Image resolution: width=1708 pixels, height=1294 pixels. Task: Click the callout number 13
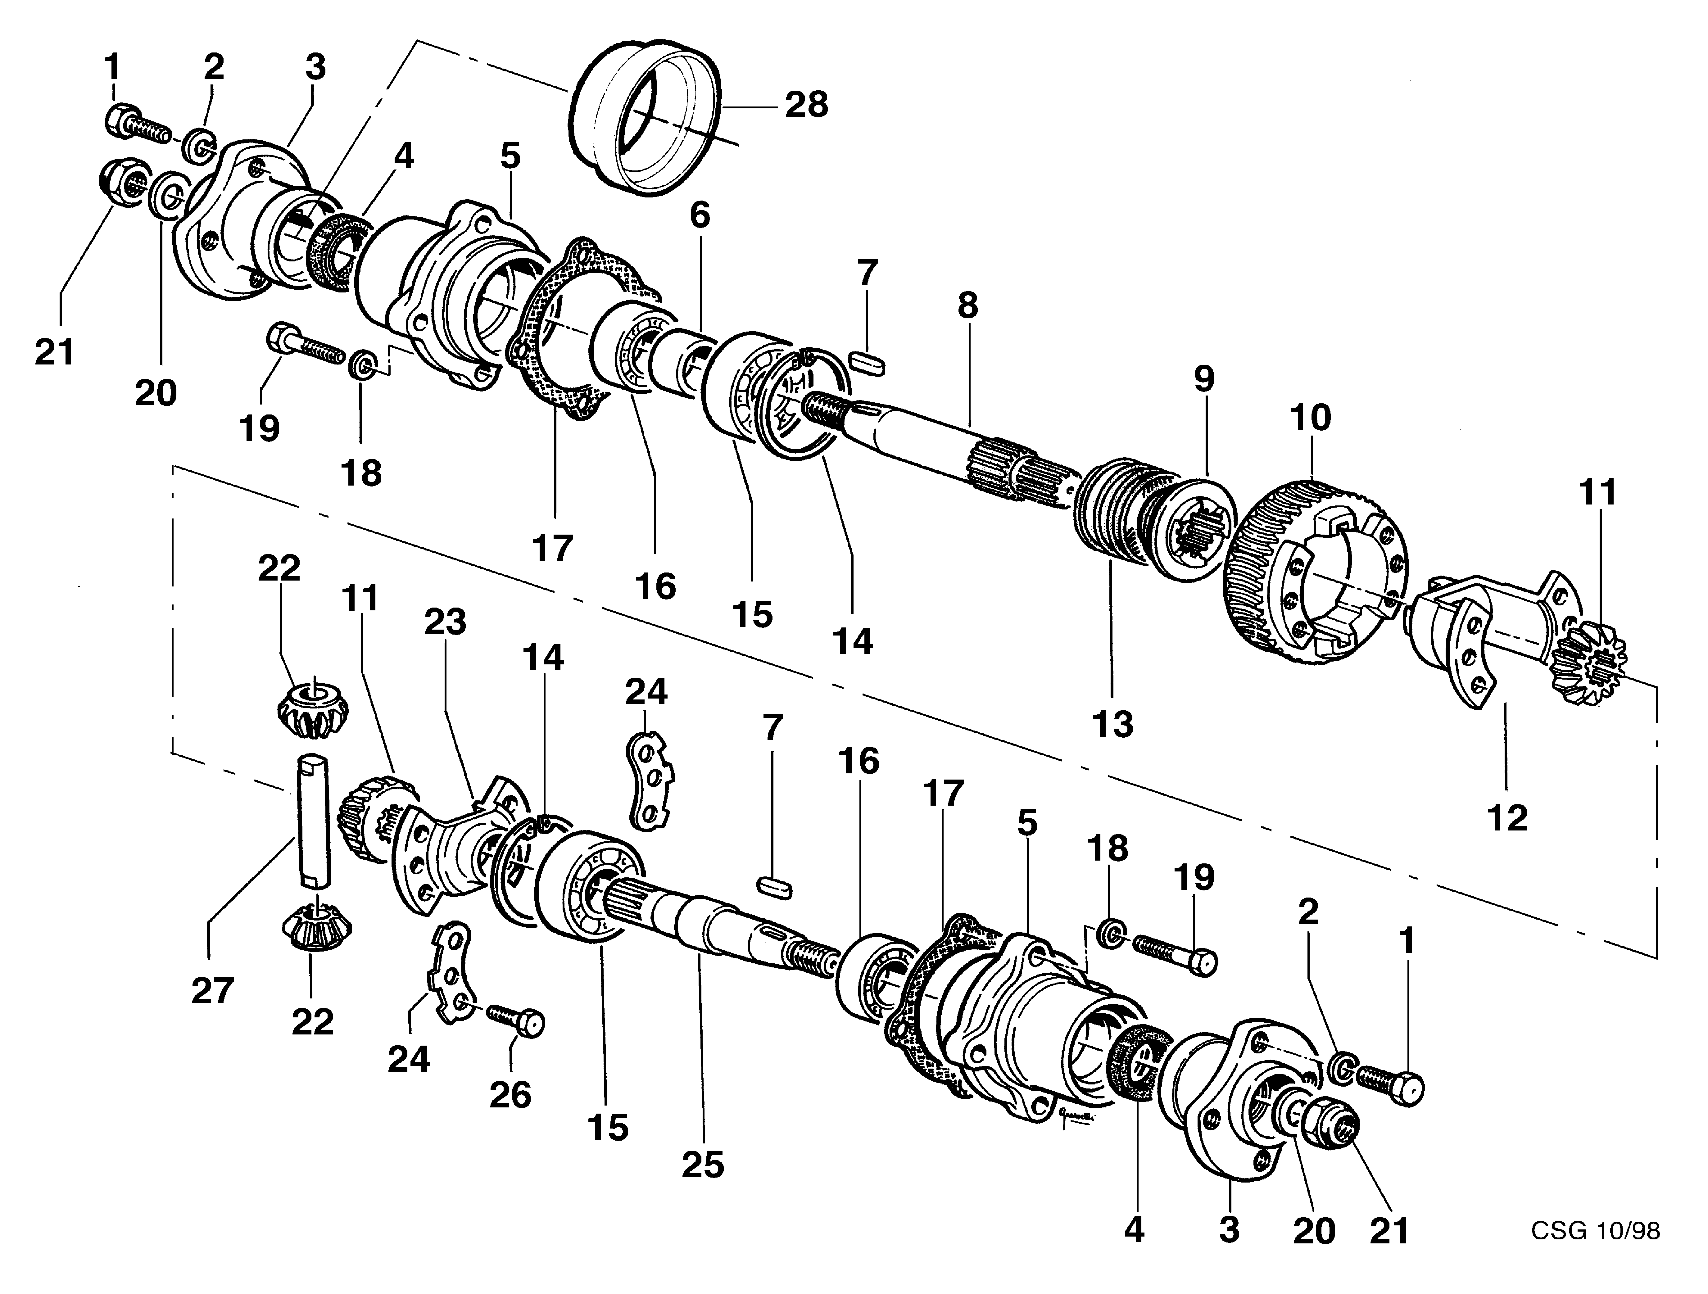pyautogui.click(x=1113, y=724)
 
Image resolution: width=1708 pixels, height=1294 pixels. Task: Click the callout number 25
pyautogui.click(x=703, y=1165)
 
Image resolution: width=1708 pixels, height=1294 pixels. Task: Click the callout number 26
pyautogui.click(x=510, y=1095)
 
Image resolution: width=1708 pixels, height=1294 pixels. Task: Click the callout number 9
pyautogui.click(x=1203, y=379)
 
